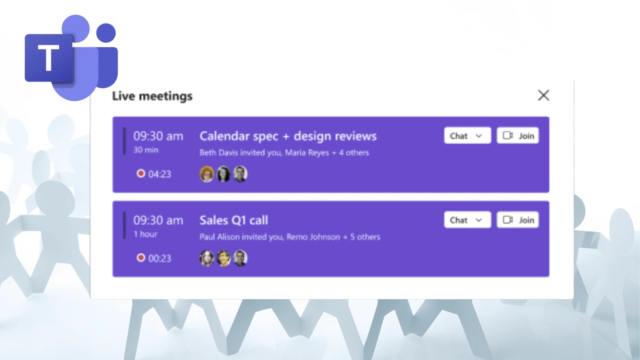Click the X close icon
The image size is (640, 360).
[x=544, y=95]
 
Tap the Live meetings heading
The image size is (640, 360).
[x=152, y=96]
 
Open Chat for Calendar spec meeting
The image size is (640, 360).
[x=467, y=136]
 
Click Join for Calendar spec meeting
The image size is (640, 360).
[x=518, y=136]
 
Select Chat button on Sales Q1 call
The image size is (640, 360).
[x=467, y=220]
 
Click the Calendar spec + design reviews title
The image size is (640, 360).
[x=288, y=136]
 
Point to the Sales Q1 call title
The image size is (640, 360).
[x=234, y=220]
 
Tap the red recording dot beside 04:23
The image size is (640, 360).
[x=141, y=174]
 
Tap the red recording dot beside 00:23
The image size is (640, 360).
[x=141, y=258]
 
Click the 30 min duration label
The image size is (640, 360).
[x=146, y=150]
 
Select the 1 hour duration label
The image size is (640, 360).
[x=146, y=234]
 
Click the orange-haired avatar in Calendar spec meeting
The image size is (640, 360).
[x=207, y=174]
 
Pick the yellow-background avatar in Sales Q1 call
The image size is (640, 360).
[x=224, y=258]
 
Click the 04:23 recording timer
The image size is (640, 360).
[x=160, y=174]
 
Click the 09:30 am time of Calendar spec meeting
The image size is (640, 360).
[x=158, y=136]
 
